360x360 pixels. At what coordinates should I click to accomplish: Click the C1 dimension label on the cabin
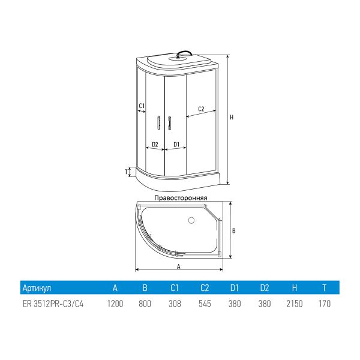coord(142,106)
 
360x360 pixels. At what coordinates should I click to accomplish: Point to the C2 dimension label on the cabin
coord(201,109)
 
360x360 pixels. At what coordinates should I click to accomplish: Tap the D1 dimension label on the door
coord(176,145)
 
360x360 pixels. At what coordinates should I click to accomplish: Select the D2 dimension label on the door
coord(155,145)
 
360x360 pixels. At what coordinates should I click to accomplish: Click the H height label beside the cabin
coord(232,118)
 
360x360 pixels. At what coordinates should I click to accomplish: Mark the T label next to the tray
coord(126,172)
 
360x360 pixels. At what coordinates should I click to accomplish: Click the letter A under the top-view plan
coord(179,266)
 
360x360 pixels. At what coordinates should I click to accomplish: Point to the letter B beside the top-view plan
coord(234,230)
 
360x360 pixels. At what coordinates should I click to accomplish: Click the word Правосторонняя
coord(181,197)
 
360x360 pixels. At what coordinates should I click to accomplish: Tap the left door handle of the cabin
coord(158,123)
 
